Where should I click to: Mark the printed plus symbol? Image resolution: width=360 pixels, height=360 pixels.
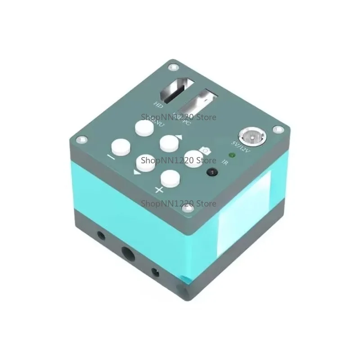pos(159,189)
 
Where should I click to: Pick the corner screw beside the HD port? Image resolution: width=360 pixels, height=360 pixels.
pos(171,67)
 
